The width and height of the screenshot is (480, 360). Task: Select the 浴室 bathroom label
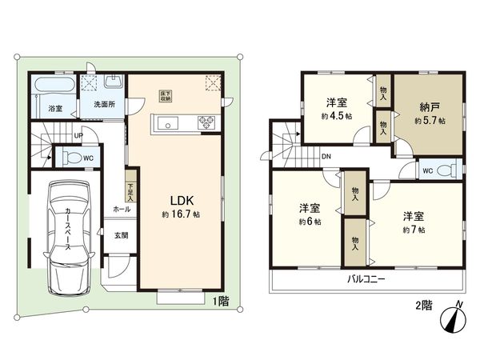click(x=55, y=108)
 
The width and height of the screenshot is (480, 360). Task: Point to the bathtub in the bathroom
click(x=55, y=87)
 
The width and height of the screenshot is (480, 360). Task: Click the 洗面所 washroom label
click(x=102, y=104)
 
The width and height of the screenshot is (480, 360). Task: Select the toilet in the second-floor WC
click(x=450, y=170)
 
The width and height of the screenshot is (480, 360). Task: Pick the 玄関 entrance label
click(x=121, y=235)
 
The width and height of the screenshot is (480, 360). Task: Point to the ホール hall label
click(x=122, y=208)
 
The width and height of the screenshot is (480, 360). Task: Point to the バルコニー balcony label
click(x=366, y=280)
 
